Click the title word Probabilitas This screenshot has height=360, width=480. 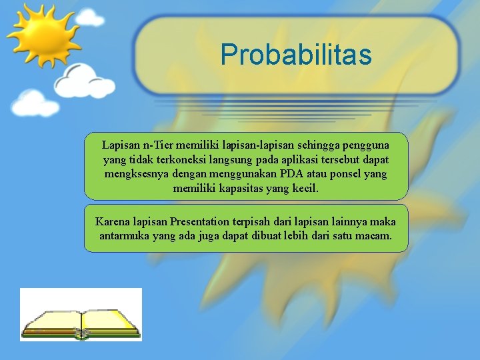(296, 55)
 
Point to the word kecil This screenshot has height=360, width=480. (305, 189)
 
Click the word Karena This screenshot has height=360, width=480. (112, 221)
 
